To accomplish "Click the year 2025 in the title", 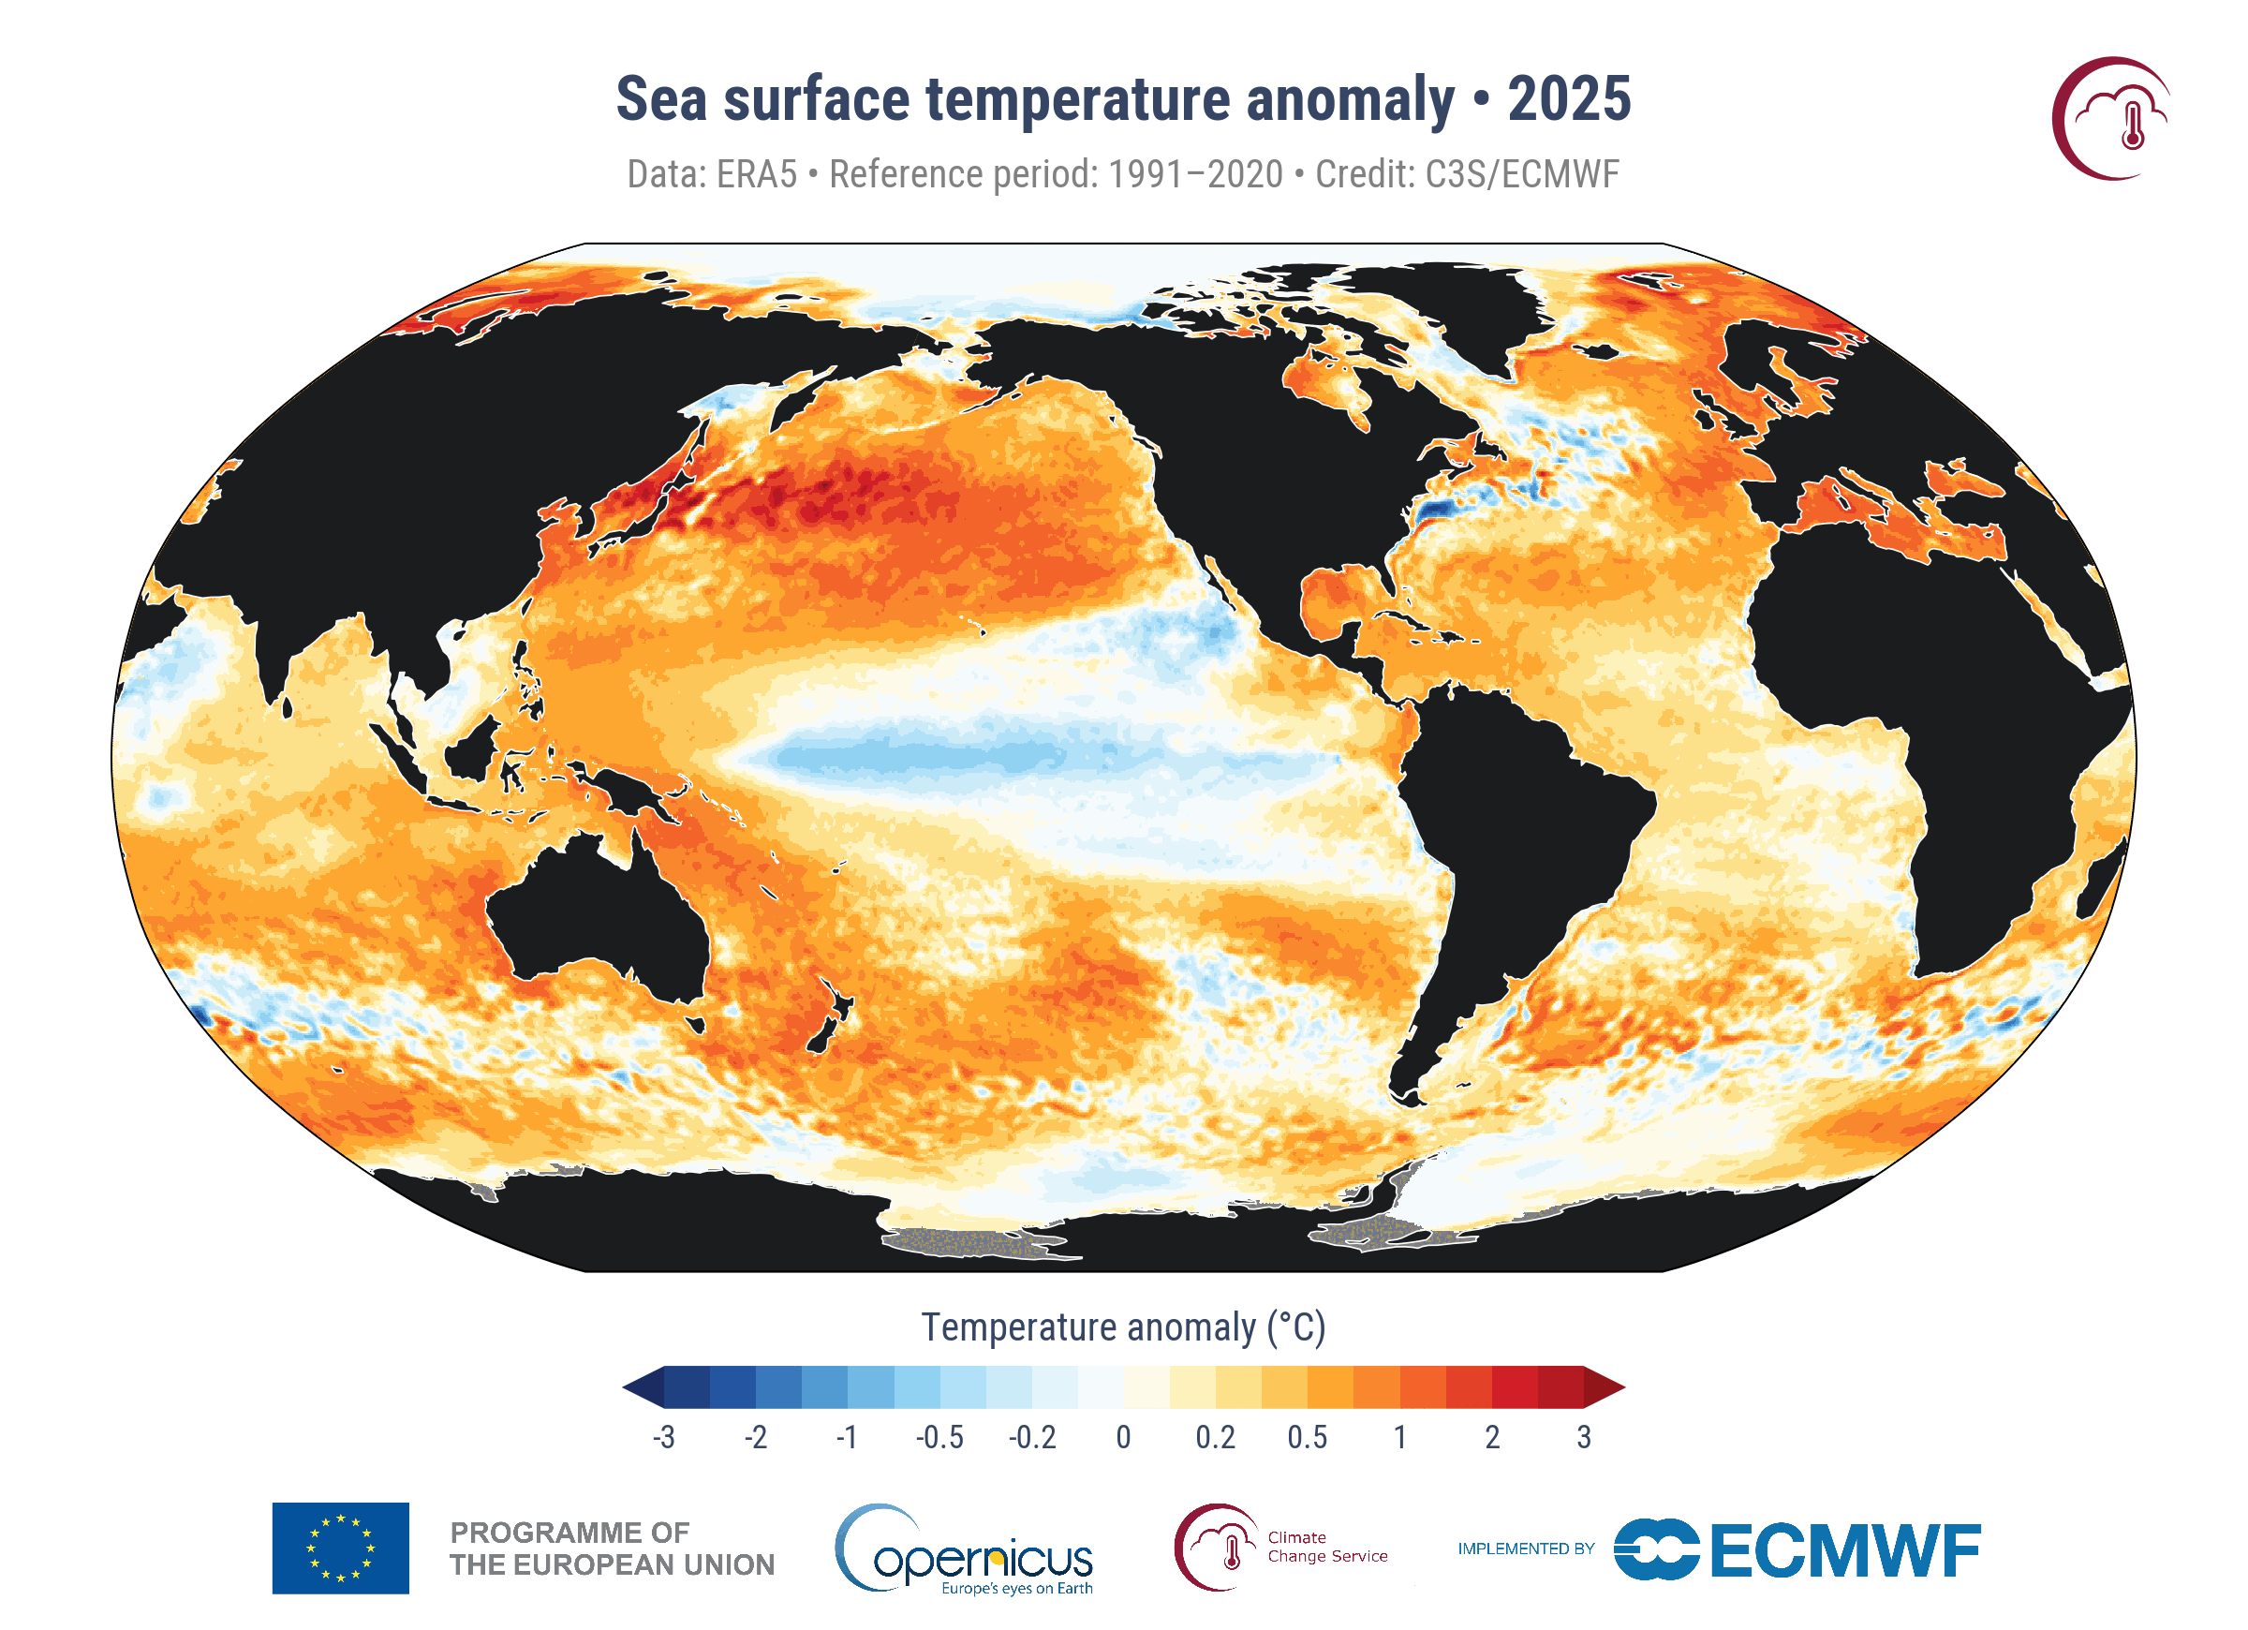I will [x=1569, y=99].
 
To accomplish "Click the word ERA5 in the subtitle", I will [x=756, y=174].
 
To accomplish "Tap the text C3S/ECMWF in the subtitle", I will [x=1521, y=174].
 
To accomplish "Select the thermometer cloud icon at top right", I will [x=2111, y=119].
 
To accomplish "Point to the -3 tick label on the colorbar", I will [x=664, y=1438].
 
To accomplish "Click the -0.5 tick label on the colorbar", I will [x=939, y=1438].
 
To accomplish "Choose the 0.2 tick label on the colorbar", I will [x=1215, y=1438].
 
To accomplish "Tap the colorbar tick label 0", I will [x=1123, y=1438].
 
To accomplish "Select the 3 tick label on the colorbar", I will [x=1584, y=1438].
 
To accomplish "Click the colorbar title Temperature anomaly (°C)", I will [x=1123, y=1327].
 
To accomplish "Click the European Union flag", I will [x=340, y=1548].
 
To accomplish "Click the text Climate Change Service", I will [x=1327, y=1547].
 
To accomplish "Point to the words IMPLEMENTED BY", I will [x=1526, y=1548].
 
